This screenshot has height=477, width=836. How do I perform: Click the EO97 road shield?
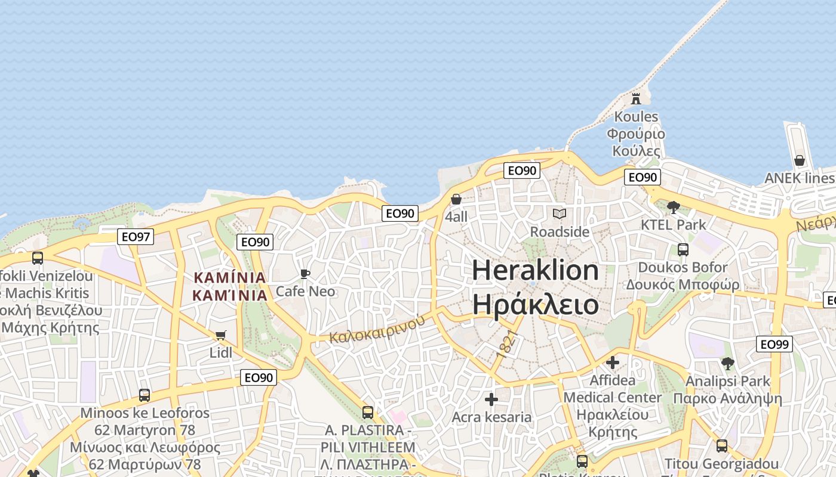tap(136, 237)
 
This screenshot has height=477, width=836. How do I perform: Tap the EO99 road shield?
tap(774, 344)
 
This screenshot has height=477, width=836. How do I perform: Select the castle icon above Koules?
tap(636, 98)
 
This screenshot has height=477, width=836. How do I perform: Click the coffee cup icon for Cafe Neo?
tap(305, 274)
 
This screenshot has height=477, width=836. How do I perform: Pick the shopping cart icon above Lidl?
tap(221, 335)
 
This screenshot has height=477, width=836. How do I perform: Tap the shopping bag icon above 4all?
tap(456, 199)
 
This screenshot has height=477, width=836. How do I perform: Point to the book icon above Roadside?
tap(560, 213)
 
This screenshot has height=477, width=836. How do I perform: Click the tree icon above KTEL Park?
tap(674, 207)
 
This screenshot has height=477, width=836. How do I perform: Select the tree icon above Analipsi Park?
tap(727, 363)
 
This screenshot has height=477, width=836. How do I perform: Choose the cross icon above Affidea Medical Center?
tap(613, 363)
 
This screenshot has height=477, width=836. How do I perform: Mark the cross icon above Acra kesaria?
tap(491, 399)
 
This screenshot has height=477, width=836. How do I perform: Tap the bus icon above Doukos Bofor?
tap(683, 250)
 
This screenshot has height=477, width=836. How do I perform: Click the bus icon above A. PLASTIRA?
tap(368, 412)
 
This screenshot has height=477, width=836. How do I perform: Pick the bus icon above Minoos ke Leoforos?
tap(145, 395)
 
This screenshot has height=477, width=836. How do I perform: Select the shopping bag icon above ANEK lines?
tap(800, 160)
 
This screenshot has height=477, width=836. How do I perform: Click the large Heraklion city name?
tap(536, 271)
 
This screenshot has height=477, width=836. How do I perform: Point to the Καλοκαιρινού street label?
tap(377, 328)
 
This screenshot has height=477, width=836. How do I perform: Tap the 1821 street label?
tap(505, 345)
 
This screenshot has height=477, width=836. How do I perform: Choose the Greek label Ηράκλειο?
tap(536, 304)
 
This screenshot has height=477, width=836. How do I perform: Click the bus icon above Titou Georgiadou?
tap(722, 445)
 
